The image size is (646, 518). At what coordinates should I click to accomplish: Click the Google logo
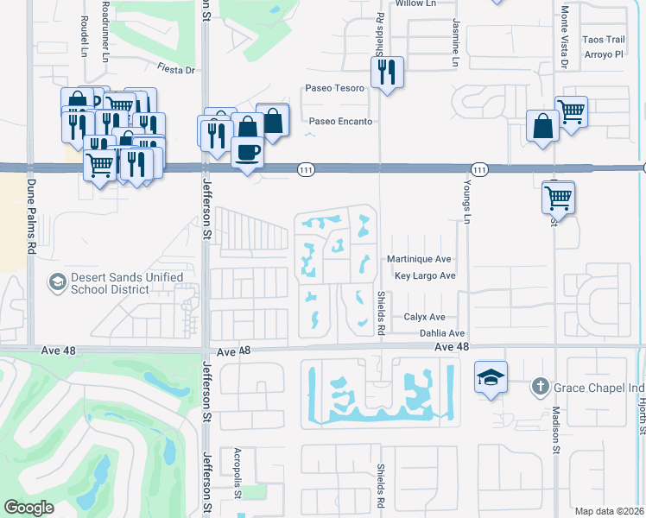pos(28,508)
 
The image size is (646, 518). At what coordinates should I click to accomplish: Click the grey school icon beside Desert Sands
pos(57,282)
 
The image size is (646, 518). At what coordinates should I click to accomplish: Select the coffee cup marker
pos(248,153)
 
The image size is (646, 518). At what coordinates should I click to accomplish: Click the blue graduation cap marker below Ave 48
pos(491,378)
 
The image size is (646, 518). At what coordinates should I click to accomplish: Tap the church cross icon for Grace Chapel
pos(540,386)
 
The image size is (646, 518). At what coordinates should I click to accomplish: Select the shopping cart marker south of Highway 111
pos(558,197)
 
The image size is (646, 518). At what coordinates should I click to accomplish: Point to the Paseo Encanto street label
pos(340,122)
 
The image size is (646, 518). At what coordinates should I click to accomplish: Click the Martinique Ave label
pos(420,259)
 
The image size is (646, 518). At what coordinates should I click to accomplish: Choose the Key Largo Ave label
pos(424,276)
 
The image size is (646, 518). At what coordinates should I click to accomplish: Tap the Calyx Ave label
pos(424,317)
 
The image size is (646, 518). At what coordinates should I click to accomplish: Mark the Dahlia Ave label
pos(442,333)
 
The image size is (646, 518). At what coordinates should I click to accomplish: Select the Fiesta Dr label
pos(176,71)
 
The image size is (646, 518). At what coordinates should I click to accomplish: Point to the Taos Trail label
pos(603,40)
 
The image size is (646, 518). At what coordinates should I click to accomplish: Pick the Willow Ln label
pos(415,4)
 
